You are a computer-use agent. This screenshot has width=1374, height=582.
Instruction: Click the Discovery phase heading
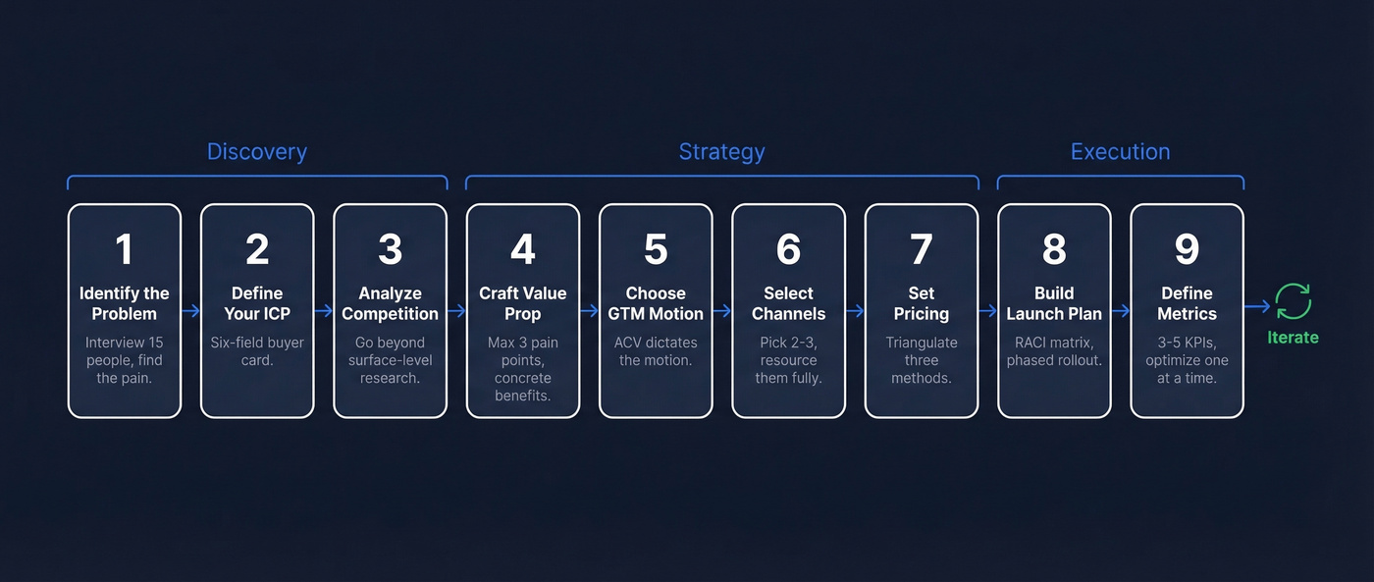click(256, 152)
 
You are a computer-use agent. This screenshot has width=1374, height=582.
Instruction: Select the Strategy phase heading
click(721, 152)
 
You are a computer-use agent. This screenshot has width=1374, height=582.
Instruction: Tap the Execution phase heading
click(1120, 152)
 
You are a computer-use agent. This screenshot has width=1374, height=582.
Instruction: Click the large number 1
click(124, 249)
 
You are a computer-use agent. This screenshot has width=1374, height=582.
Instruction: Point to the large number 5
click(656, 249)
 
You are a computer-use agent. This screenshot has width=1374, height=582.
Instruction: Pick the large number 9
click(1187, 249)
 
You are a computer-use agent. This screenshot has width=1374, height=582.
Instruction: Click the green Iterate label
click(1293, 337)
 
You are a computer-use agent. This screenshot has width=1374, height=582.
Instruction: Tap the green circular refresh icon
click(1293, 301)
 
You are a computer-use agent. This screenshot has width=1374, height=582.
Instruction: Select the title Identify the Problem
click(124, 303)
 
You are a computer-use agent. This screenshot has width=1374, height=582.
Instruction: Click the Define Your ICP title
click(257, 303)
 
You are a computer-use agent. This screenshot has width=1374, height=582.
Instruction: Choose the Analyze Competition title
click(390, 303)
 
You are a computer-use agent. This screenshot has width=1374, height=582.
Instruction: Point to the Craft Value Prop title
click(522, 303)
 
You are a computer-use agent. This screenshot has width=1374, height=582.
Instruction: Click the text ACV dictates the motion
click(656, 351)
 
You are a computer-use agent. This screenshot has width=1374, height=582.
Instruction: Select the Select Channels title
click(788, 303)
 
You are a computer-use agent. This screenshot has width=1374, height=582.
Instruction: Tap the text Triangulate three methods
click(921, 360)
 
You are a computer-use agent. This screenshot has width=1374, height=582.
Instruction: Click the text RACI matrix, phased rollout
click(1054, 351)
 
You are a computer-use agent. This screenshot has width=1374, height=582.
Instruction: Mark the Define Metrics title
click(1187, 303)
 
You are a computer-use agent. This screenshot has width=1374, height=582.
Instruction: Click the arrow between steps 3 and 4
click(456, 310)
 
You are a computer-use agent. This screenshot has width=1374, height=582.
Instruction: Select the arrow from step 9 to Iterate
click(1257, 306)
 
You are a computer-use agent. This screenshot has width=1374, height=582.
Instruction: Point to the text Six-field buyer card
click(257, 351)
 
